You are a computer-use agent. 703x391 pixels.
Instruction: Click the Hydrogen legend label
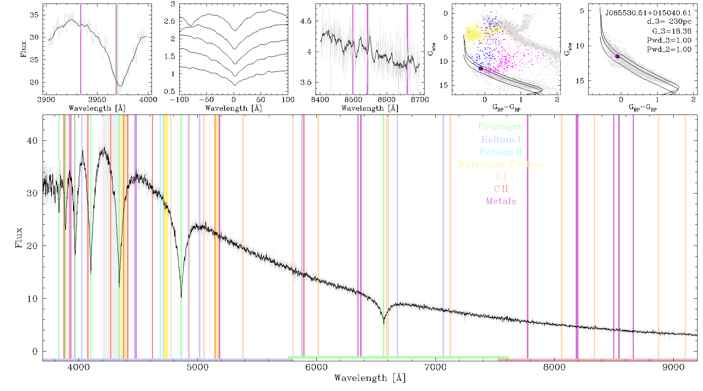pos(500,127)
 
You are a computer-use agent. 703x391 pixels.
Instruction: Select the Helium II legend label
pos(501,152)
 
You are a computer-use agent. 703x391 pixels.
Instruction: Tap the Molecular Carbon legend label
pos(501,164)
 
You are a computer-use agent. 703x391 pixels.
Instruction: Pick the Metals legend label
pos(501,201)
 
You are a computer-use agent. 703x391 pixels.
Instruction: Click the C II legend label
pos(501,189)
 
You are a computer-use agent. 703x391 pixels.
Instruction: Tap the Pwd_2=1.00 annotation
pos(669,49)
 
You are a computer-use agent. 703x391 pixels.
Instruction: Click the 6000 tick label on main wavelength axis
pos(316,368)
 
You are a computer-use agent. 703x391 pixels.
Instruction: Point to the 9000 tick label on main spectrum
pos(673,368)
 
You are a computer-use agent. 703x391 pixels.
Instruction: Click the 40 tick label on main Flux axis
pos(32,141)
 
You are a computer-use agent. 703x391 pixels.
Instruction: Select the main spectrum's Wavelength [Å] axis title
pos(370,378)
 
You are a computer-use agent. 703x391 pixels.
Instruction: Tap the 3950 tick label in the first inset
pos(97,100)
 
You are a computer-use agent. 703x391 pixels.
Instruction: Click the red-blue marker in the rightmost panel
pos(617,56)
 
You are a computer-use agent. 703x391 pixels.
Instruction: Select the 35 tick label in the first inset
pos(34,15)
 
